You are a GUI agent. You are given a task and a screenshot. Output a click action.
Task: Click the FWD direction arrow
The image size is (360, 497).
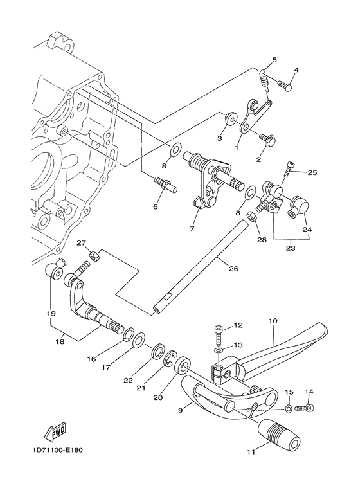coord(55,432)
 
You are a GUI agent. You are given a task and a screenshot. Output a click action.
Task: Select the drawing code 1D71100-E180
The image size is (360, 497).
coord(57,450)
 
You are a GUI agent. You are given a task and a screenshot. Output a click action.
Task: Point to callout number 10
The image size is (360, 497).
coord(273,320)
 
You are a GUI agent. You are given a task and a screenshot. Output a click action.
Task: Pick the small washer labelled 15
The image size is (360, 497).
coord(289,409)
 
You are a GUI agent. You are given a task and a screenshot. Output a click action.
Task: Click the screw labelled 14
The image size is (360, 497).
coord(305,408)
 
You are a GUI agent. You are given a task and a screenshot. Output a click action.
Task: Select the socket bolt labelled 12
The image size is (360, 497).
coord(219,335)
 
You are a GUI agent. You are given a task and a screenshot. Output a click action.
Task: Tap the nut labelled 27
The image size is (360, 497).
coord(94,255)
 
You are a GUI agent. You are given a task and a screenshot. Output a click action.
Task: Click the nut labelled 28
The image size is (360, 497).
coord(251,216)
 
